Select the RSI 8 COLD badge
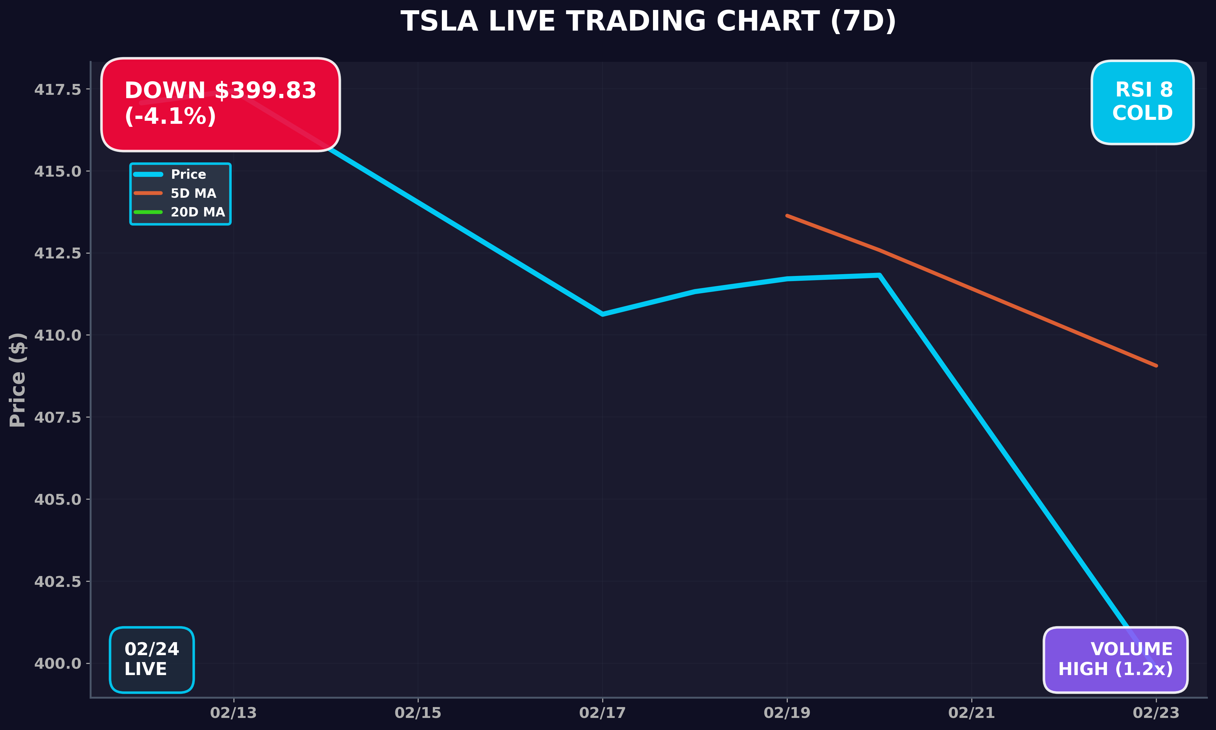tap(1142, 102)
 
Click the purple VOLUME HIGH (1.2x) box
tap(1116, 659)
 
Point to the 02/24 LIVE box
tap(152, 659)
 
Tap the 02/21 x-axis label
tap(971, 713)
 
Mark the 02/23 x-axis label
tap(1156, 713)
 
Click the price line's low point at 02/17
tap(603, 314)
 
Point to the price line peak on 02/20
tap(879, 275)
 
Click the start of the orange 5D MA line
tap(787, 216)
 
